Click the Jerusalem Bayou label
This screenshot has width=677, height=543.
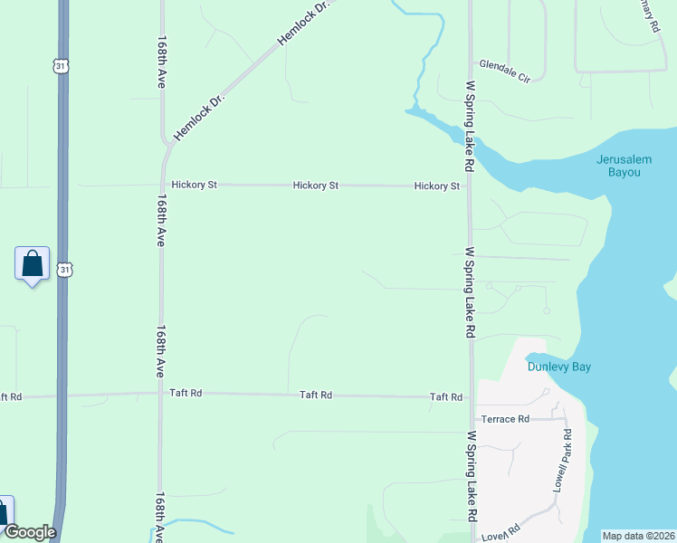tap(625, 165)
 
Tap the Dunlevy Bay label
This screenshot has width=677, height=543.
tap(559, 367)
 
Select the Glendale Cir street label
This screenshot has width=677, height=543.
tap(504, 65)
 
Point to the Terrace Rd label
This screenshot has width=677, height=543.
tap(505, 420)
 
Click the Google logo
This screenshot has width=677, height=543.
tap(30, 532)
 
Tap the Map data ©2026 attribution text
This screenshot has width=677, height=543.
tap(639, 535)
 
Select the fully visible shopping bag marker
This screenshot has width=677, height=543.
tap(33, 265)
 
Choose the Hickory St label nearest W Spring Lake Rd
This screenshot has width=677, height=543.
tap(437, 186)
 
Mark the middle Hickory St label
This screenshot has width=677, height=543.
tap(316, 186)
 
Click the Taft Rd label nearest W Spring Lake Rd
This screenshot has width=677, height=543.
tap(446, 397)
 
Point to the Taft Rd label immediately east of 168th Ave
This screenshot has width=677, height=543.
tap(186, 394)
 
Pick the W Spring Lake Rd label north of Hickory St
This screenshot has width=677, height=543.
tap(470, 127)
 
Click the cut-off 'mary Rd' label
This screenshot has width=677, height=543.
tap(648, 16)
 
